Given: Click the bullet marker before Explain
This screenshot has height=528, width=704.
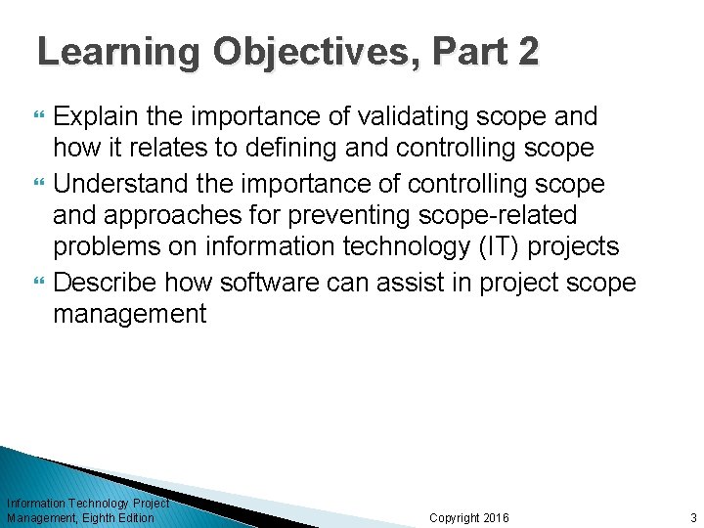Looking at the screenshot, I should pos(40,118).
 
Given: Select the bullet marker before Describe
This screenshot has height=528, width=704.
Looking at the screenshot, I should pos(40,283).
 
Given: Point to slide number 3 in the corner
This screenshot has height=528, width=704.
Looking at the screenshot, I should pos(692,517).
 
